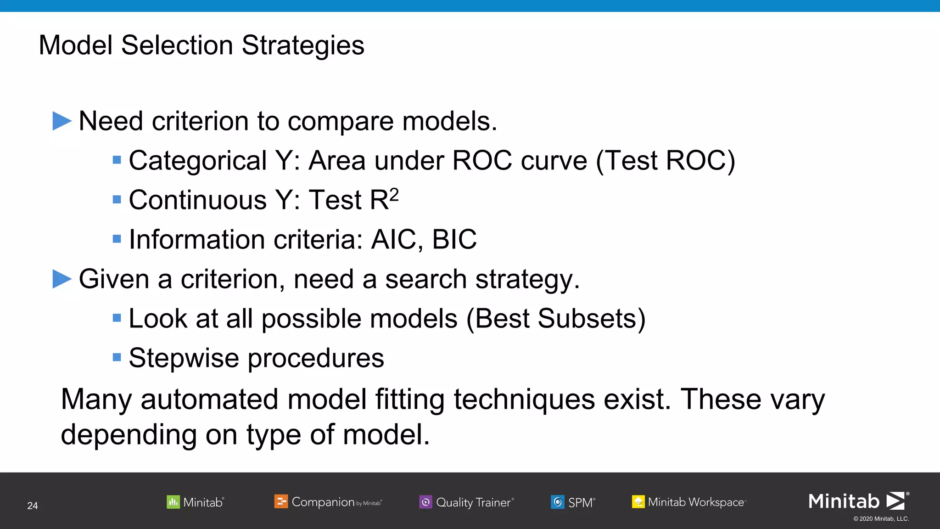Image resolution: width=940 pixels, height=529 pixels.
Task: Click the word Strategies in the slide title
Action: [x=303, y=45]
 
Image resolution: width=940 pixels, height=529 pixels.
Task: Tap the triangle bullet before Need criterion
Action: [x=62, y=121]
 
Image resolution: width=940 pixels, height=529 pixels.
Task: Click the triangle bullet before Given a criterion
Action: [x=62, y=279]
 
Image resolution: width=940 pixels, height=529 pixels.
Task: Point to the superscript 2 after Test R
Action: [x=394, y=195]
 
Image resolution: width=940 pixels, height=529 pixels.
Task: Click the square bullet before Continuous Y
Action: [x=117, y=200]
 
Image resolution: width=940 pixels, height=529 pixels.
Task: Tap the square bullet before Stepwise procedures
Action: [x=117, y=357]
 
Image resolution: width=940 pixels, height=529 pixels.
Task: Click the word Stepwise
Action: [x=184, y=358]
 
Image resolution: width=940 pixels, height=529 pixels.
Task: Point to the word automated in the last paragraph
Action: [x=209, y=399]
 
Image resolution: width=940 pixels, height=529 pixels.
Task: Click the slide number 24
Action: [x=33, y=506]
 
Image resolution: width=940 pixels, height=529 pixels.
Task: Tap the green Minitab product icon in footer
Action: [x=173, y=502]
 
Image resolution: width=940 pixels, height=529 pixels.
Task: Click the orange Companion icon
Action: [x=281, y=501]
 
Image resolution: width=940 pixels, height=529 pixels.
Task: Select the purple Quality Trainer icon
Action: [x=425, y=502]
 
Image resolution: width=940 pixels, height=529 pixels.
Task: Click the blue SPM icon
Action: [x=557, y=502]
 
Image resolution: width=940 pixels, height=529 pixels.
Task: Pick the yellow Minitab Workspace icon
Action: [x=638, y=502]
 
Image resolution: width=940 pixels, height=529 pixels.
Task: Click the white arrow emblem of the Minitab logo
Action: [x=895, y=501]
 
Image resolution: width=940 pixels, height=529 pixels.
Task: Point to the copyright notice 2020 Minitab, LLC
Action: [x=881, y=519]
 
